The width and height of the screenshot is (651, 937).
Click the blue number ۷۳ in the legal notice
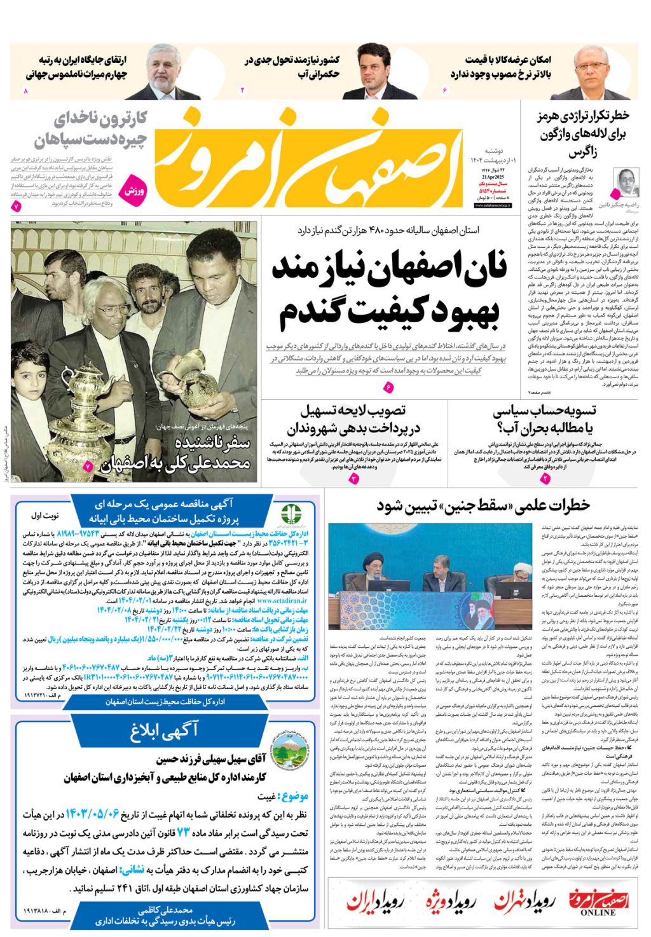(x=183, y=833)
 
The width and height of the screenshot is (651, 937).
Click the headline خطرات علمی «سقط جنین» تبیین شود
(x=483, y=506)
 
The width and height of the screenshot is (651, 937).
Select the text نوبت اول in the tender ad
(x=45, y=516)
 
